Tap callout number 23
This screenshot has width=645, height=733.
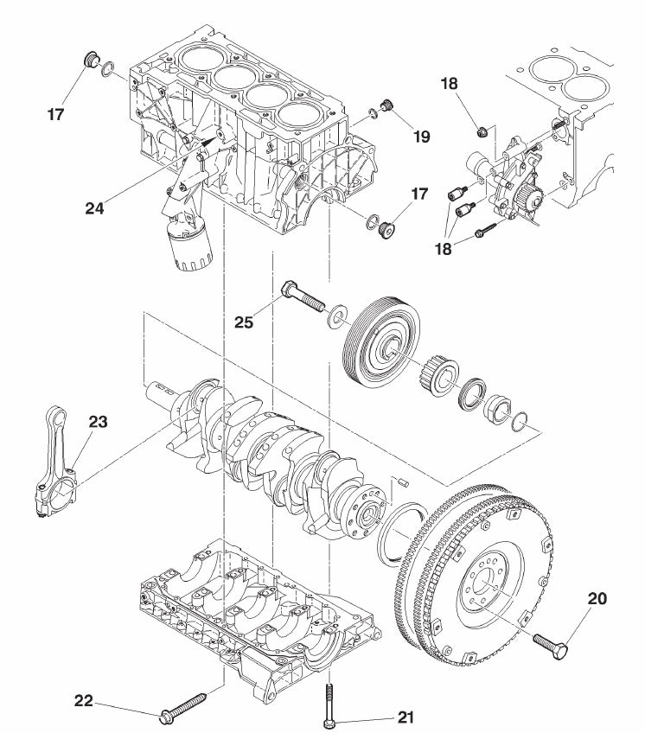click(99, 422)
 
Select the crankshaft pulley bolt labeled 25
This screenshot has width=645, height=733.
click(302, 298)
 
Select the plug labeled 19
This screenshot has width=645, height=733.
click(388, 107)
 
